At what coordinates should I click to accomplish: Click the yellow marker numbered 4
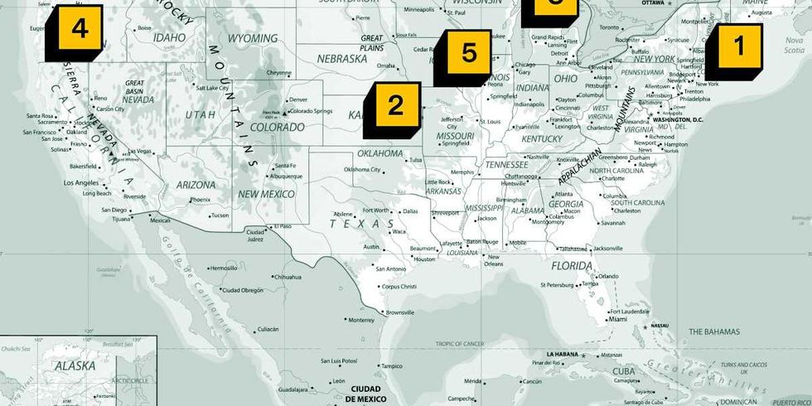coord(79,30)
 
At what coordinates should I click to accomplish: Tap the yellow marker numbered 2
coord(395,105)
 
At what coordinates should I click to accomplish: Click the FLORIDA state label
coord(573,267)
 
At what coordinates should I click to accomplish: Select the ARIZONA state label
coord(196,186)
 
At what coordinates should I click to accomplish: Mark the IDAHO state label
coord(169,38)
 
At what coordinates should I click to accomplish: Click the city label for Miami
coord(617,318)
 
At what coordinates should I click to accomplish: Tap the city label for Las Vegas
coord(140,151)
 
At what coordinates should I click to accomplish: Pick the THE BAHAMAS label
coord(714,331)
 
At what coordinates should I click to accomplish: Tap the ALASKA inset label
coord(75,365)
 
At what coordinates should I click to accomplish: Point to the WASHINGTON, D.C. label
coord(678,119)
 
